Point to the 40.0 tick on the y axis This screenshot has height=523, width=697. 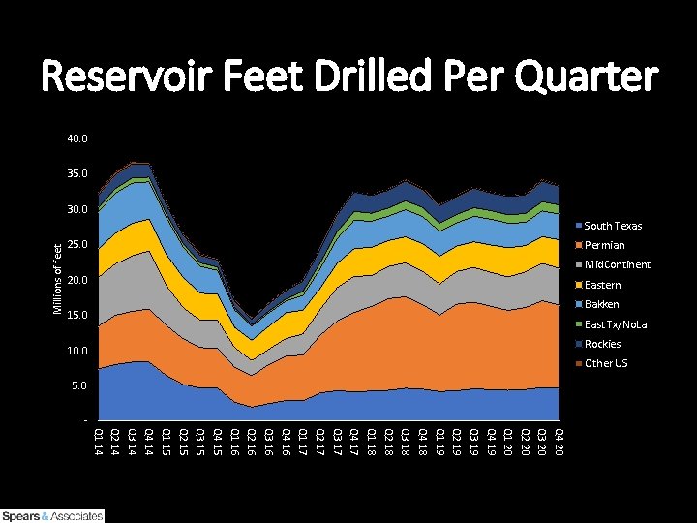(x=77, y=139)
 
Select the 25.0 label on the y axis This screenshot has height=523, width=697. (x=77, y=245)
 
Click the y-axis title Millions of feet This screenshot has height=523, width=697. (x=57, y=279)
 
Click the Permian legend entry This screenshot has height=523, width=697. (x=605, y=245)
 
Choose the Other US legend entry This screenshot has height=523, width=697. (x=606, y=363)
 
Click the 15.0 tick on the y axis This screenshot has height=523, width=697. (x=77, y=316)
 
